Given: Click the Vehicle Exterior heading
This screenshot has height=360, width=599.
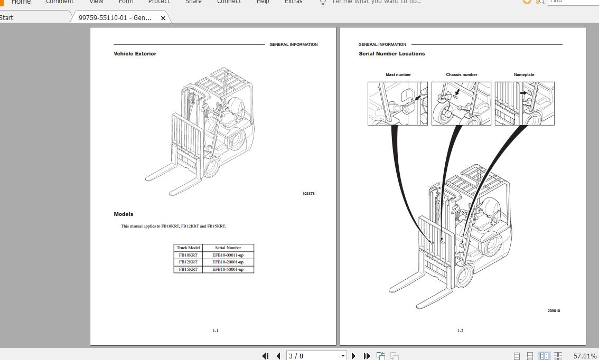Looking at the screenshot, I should click(x=135, y=54).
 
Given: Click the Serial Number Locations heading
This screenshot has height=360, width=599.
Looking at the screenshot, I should click(x=391, y=54).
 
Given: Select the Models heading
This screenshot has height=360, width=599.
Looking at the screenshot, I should click(x=123, y=214).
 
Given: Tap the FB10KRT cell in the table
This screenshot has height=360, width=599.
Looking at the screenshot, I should click(x=188, y=255).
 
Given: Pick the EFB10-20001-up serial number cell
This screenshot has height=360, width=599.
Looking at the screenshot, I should click(x=228, y=262).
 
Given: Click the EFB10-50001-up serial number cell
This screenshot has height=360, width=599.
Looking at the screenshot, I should click(x=228, y=269).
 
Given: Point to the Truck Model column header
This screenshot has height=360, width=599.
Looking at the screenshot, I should click(x=188, y=248).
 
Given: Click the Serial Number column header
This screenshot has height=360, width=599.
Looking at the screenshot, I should click(x=228, y=248).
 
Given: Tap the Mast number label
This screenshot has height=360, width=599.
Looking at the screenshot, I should click(x=398, y=75).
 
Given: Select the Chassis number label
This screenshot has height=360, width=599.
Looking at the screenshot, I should click(x=461, y=75).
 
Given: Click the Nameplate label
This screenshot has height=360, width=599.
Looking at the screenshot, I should click(x=523, y=75).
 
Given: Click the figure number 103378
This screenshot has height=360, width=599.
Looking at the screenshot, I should click(x=308, y=194).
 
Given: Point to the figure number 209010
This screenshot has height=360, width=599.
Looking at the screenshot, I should click(x=554, y=311).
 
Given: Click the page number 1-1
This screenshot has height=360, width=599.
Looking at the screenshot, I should click(x=215, y=331).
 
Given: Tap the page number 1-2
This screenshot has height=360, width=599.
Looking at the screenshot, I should click(x=460, y=331).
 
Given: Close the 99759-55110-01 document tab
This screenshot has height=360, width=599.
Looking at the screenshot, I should click(x=163, y=18).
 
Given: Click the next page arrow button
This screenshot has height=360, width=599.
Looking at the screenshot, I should click(x=353, y=356).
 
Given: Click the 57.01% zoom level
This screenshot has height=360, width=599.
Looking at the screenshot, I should click(x=585, y=356).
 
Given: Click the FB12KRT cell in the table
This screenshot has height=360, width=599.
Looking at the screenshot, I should click(x=188, y=262).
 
